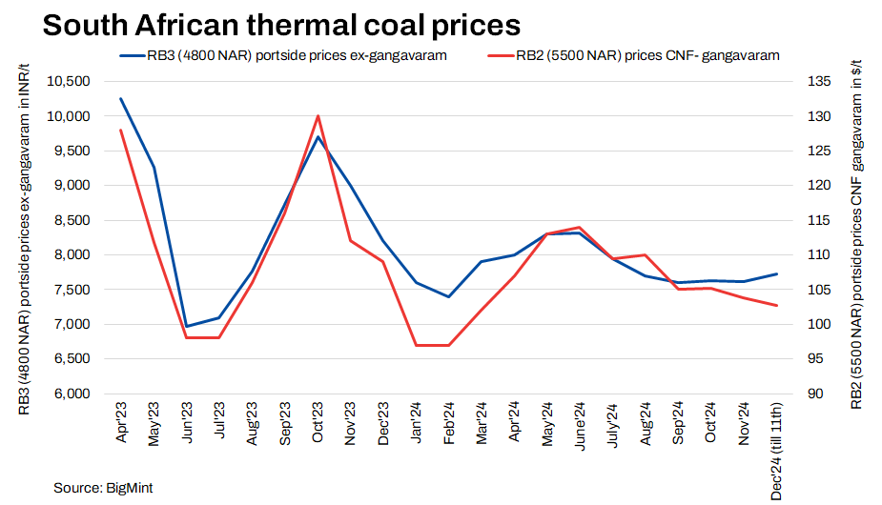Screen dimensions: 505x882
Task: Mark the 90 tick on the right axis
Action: pyautogui.click(x=813, y=394)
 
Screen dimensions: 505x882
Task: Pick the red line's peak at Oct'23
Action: pyautogui.click(x=318, y=116)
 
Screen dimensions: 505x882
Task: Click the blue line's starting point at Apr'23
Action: pyautogui.click(x=120, y=98)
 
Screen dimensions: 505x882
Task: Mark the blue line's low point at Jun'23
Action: pyautogui.click(x=186, y=327)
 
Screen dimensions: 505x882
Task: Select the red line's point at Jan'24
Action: pyautogui.click(x=416, y=345)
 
